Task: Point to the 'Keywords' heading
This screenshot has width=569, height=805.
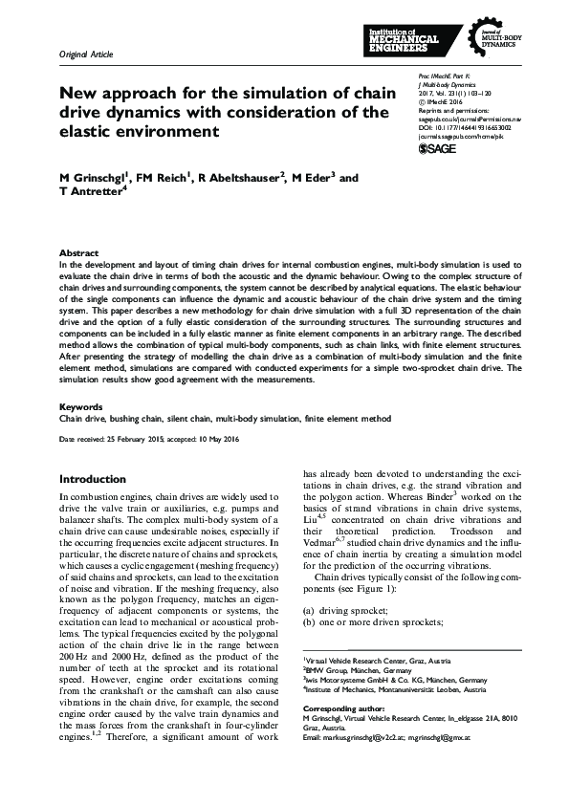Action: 81,405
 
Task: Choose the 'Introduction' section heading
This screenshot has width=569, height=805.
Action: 92,479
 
